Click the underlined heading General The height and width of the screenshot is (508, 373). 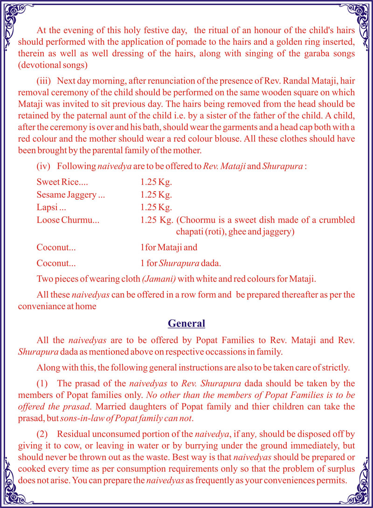tap(186, 323)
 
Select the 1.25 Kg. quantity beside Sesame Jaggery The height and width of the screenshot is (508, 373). tap(156, 195)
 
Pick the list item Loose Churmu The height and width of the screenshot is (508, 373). tap(68, 220)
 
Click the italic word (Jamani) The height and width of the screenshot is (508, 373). tap(159, 279)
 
